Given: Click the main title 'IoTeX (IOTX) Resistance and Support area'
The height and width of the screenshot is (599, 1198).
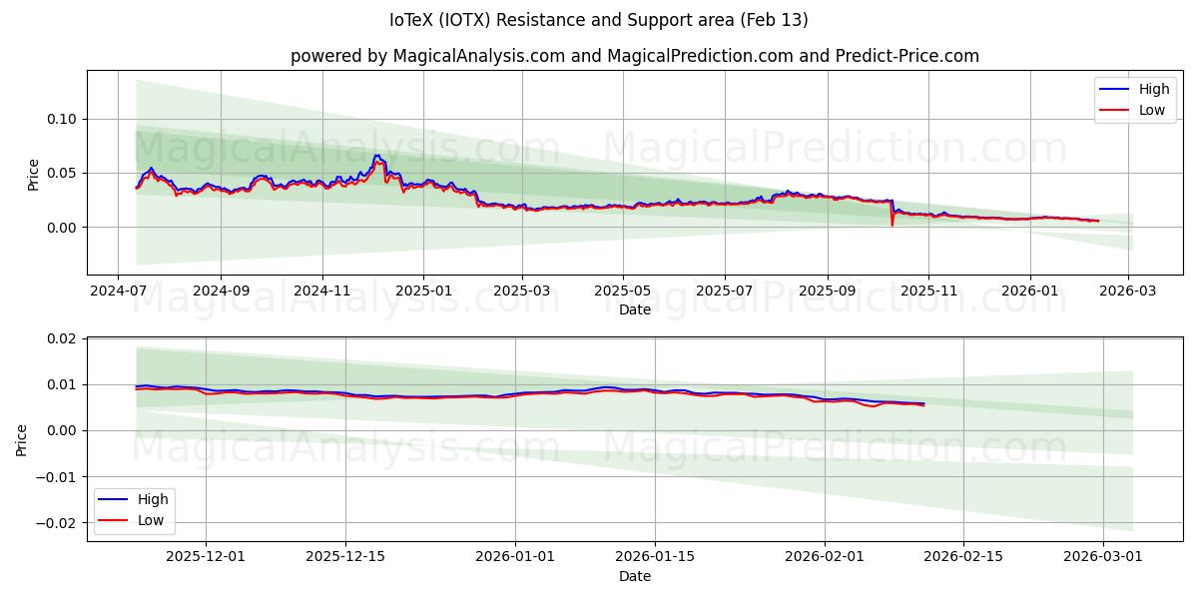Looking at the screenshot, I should (x=599, y=20).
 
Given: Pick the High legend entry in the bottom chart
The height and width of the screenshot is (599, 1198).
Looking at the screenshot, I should (x=153, y=499).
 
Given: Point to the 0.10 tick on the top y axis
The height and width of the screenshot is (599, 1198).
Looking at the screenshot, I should (x=62, y=119).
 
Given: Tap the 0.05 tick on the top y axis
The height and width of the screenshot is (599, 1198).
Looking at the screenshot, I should (x=62, y=173).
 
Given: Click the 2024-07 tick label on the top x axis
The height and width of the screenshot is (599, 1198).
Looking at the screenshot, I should (x=119, y=291).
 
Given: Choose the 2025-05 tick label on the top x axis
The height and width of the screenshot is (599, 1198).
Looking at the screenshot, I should (x=623, y=291).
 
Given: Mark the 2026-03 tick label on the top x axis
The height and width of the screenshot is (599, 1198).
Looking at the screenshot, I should (x=1128, y=291).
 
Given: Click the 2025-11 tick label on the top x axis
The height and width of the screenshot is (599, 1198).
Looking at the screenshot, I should (x=928, y=291).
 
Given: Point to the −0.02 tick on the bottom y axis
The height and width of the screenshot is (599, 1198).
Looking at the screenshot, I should (x=56, y=522).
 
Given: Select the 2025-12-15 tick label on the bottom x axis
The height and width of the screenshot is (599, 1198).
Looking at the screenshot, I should (x=345, y=557).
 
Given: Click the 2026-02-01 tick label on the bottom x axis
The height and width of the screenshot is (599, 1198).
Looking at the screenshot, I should (x=825, y=557).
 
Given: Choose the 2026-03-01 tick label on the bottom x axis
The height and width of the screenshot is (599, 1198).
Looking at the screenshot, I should (x=1102, y=557).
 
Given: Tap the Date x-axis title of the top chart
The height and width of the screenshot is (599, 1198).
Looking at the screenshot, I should (x=635, y=309).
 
